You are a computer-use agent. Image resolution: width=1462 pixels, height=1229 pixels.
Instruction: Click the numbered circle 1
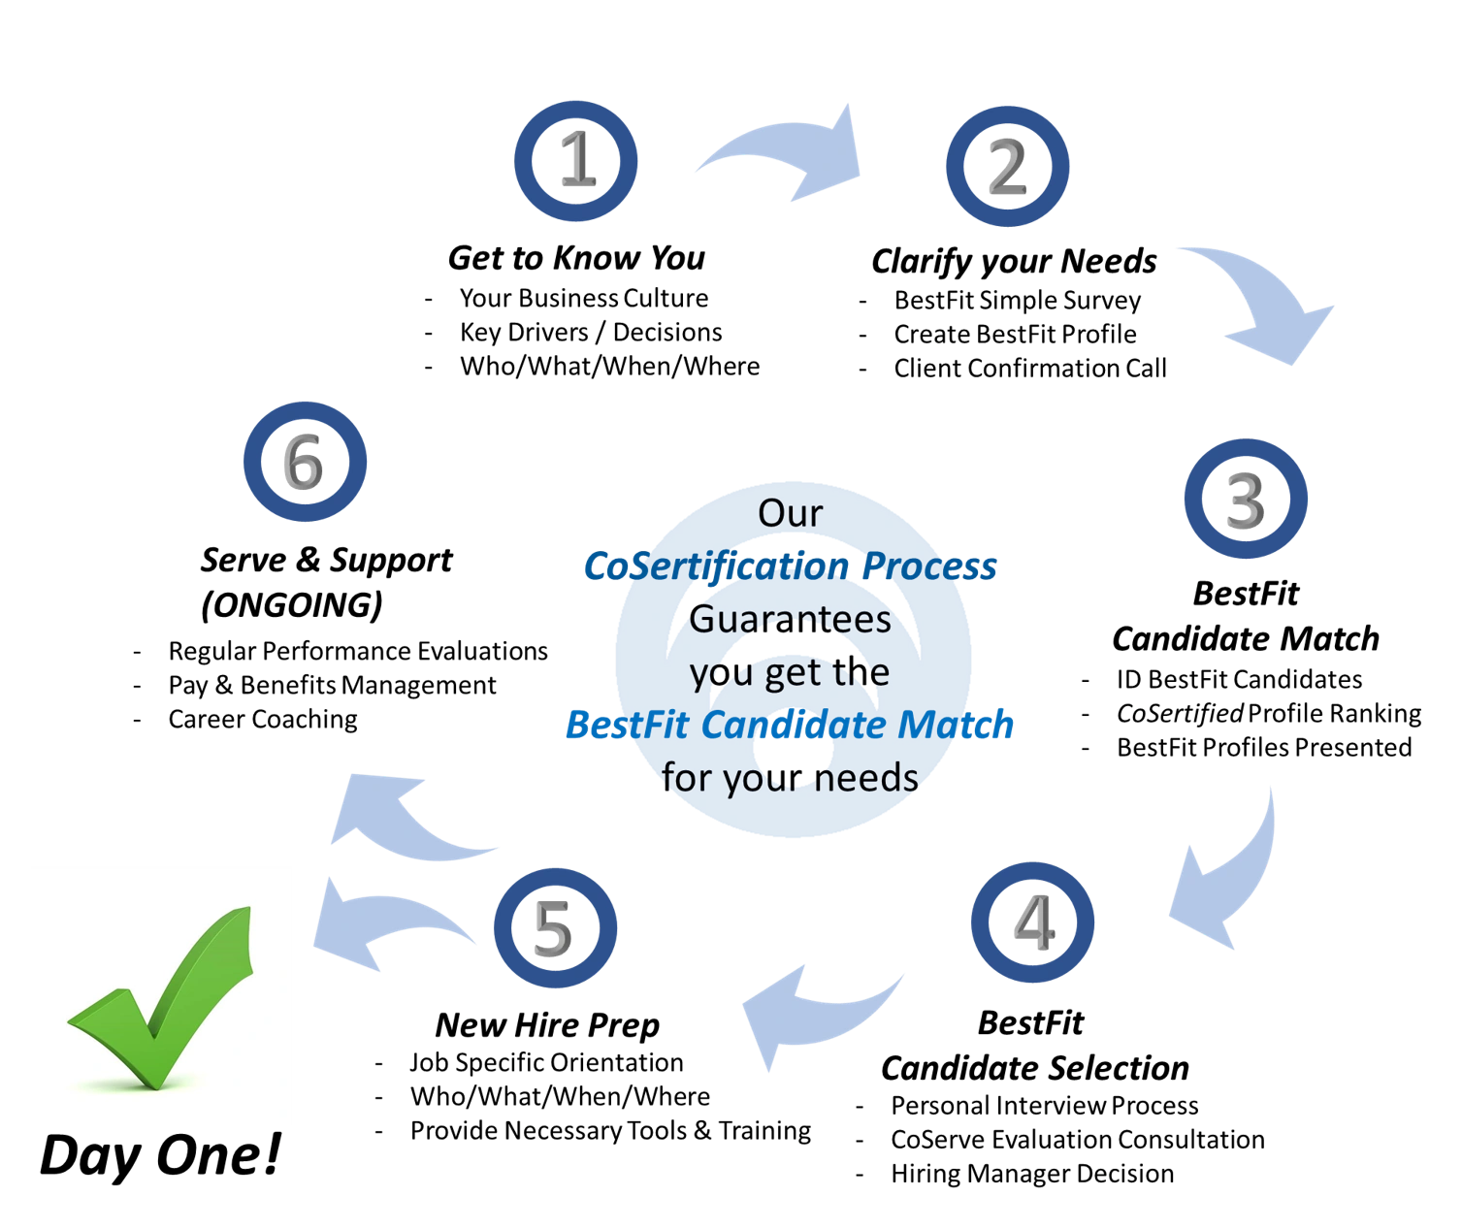point(576,161)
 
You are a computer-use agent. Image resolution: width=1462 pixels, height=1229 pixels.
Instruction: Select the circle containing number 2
point(1008,166)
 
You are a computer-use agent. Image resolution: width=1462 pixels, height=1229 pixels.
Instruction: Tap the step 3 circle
point(1246,499)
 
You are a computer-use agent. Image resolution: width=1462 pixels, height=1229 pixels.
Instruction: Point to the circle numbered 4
point(1033,922)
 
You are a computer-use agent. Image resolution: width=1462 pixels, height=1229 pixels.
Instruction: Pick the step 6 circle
point(306,462)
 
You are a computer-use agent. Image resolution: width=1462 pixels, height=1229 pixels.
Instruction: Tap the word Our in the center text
point(790,513)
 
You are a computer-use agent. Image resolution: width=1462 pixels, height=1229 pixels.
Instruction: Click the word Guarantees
point(792,619)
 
